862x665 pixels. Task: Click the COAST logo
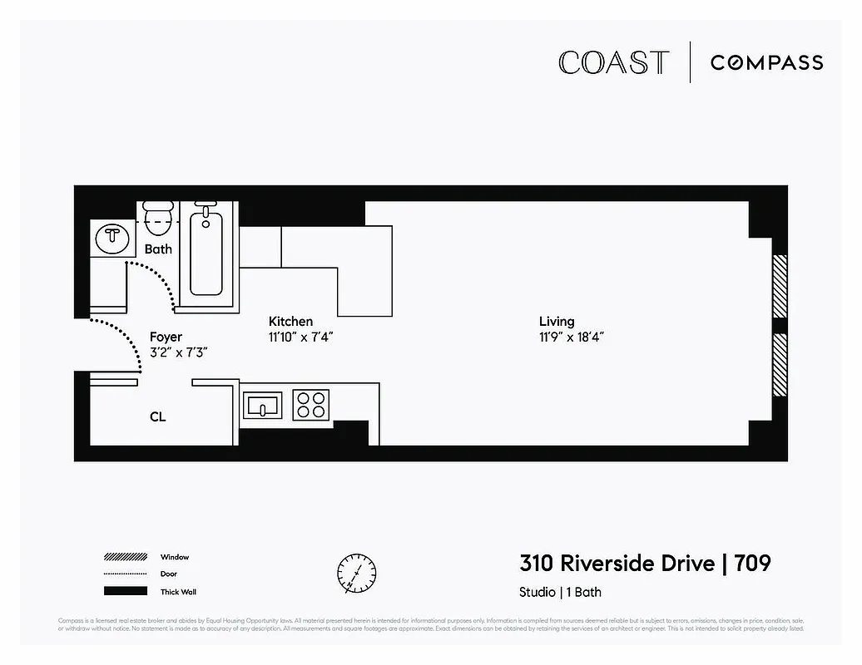coord(613,63)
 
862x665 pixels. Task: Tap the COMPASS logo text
coord(766,63)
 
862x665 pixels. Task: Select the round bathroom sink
coord(111,239)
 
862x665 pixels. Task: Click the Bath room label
coord(158,249)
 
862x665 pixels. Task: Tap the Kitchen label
coord(290,321)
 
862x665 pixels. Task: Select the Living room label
coord(557,321)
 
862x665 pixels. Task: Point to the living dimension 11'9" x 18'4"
coord(570,337)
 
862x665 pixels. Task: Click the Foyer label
coord(166,337)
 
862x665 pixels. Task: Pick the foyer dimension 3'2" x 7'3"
coord(178,352)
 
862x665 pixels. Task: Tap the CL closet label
coord(157,416)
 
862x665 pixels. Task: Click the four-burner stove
coord(310,405)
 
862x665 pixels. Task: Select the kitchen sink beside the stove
coord(263,406)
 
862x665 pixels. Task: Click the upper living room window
coord(780,286)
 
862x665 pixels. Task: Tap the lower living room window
coord(780,365)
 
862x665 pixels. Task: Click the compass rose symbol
coord(356,573)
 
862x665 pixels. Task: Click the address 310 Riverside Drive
coord(617,564)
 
